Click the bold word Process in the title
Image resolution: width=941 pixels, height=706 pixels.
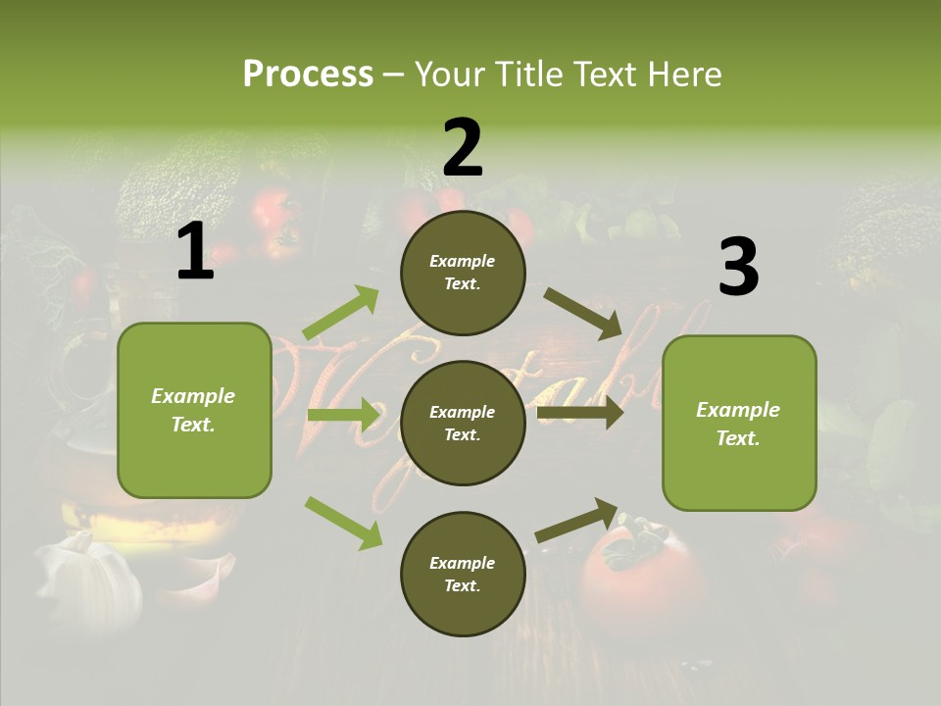click(x=308, y=75)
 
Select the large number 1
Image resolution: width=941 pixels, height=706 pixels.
click(x=195, y=252)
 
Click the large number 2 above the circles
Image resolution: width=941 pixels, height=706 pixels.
click(x=463, y=147)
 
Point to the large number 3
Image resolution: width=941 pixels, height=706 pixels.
click(x=738, y=268)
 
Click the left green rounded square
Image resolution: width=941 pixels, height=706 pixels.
click(x=194, y=410)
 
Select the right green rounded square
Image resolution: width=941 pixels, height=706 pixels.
click(x=739, y=424)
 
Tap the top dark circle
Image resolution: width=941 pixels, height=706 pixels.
click(x=463, y=273)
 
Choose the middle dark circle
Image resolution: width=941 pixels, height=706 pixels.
click(x=463, y=424)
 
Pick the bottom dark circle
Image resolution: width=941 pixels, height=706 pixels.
click(x=463, y=575)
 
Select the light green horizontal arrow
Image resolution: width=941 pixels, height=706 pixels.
click(x=343, y=415)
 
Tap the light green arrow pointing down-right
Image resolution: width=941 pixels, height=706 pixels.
click(x=344, y=522)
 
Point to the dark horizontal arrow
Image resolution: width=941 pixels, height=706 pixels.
click(x=580, y=413)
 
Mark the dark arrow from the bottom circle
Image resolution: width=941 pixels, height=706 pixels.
click(x=577, y=520)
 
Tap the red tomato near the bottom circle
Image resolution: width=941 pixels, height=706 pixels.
click(x=637, y=579)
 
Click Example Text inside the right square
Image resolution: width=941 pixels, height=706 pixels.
click(x=739, y=424)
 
